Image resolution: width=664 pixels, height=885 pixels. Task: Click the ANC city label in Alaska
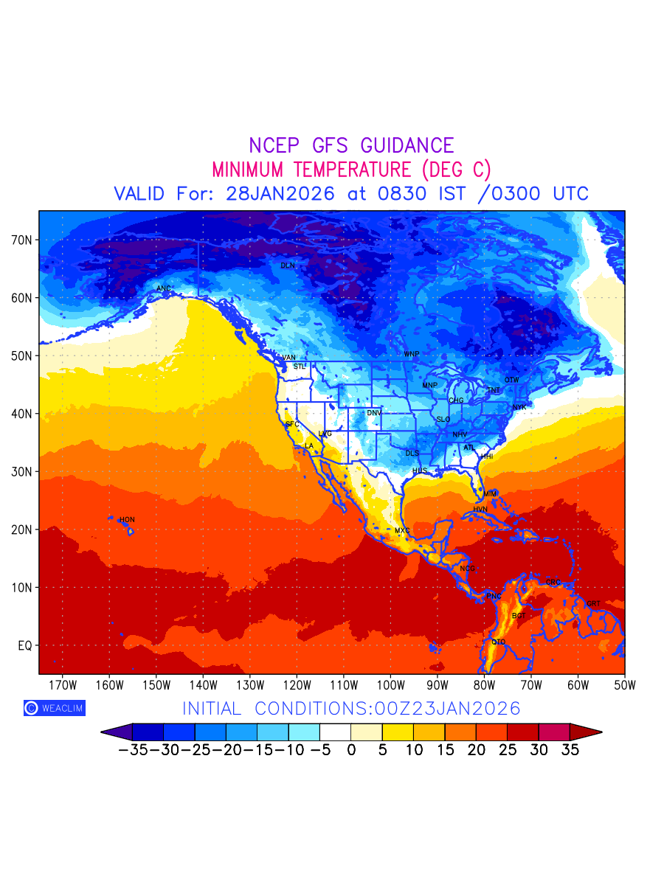coord(164,288)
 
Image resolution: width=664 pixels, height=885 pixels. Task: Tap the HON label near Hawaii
coord(127,520)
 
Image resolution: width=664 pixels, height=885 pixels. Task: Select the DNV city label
coord(374,413)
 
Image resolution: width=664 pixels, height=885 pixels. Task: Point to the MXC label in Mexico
coord(402,531)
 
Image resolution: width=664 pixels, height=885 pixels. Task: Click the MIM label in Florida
coord(490,493)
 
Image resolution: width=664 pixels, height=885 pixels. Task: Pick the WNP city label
coord(411,355)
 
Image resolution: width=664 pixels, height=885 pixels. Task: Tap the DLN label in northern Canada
coord(288,265)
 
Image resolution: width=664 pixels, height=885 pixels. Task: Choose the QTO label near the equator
coord(499,642)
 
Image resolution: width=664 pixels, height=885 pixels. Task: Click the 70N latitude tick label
coord(21,240)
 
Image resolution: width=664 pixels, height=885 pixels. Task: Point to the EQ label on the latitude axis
coord(24,645)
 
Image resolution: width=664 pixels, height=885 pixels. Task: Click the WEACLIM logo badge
coord(54,708)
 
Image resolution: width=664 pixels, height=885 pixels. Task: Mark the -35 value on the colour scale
coord(133,751)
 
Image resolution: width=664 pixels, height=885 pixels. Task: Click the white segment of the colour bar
coord(336,732)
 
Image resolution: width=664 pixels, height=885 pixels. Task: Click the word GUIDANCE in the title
coord(403,145)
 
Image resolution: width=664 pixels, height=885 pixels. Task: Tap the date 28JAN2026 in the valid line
coord(281,194)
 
